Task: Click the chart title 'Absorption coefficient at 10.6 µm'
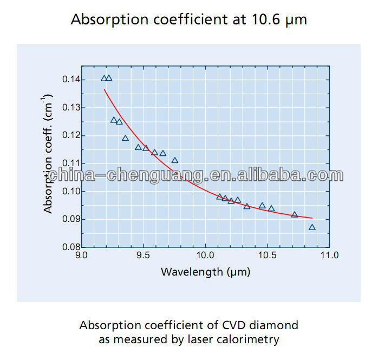click(x=189, y=20)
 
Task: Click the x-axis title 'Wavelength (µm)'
click(x=205, y=272)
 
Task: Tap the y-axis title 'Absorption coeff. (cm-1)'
click(x=48, y=154)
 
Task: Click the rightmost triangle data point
click(x=312, y=227)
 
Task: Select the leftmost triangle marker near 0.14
click(x=104, y=78)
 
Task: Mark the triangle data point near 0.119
click(x=125, y=138)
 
